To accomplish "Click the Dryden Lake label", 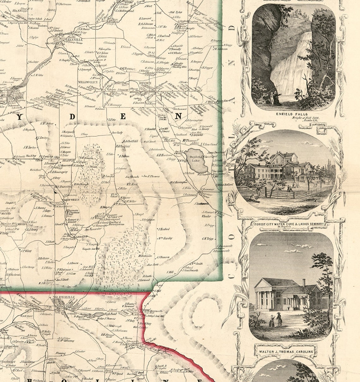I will pyautogui.click(x=193, y=159).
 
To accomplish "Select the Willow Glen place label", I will pyautogui.click(x=83, y=82).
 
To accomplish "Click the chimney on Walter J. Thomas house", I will pyautogui.click(x=303, y=282).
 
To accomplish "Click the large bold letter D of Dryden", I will pyautogui.click(x=72, y=117).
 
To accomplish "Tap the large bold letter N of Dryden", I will pyautogui.click(x=178, y=116).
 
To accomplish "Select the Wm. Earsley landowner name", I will pyautogui.click(x=165, y=238).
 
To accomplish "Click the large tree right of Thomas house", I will pyautogui.click(x=323, y=275).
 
